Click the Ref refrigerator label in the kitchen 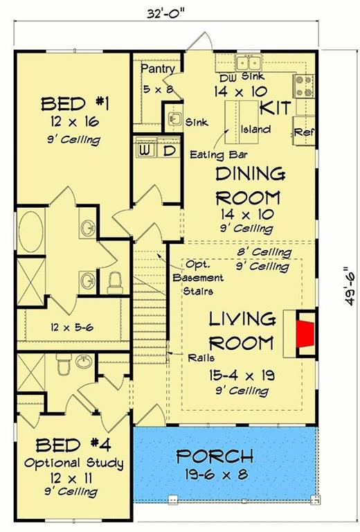[303, 131]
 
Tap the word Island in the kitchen [255, 130]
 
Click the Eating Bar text [219, 154]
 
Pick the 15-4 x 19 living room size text [239, 375]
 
